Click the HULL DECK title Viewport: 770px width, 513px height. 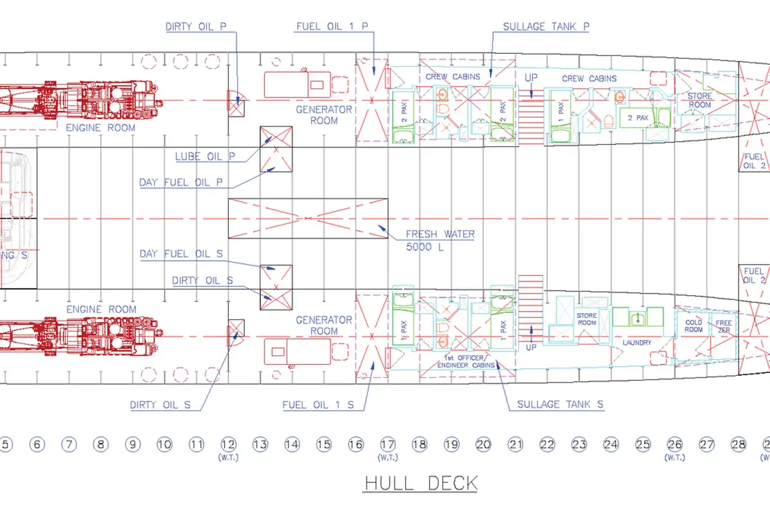tap(420, 482)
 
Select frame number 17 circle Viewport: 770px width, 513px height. tap(388, 444)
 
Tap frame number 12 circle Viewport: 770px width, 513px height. tap(228, 444)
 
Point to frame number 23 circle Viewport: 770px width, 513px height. tap(579, 444)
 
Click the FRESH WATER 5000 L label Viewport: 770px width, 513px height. tap(440, 240)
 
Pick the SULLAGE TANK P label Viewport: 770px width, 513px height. tap(546, 27)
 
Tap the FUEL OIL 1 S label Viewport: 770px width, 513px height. tap(318, 405)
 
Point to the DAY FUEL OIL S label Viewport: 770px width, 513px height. tap(182, 254)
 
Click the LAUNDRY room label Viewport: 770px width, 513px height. tap(637, 343)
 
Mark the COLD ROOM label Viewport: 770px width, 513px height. tap(694, 326)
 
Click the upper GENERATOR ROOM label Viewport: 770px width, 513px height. tap(324, 115)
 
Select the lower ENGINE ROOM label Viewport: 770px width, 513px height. tap(101, 310)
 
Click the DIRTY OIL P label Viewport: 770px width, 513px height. tap(196, 27)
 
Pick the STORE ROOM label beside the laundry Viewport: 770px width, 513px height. tap(586, 319)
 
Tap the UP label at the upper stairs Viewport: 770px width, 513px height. tap(531, 78)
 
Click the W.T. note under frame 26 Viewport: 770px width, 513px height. tap(674, 458)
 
